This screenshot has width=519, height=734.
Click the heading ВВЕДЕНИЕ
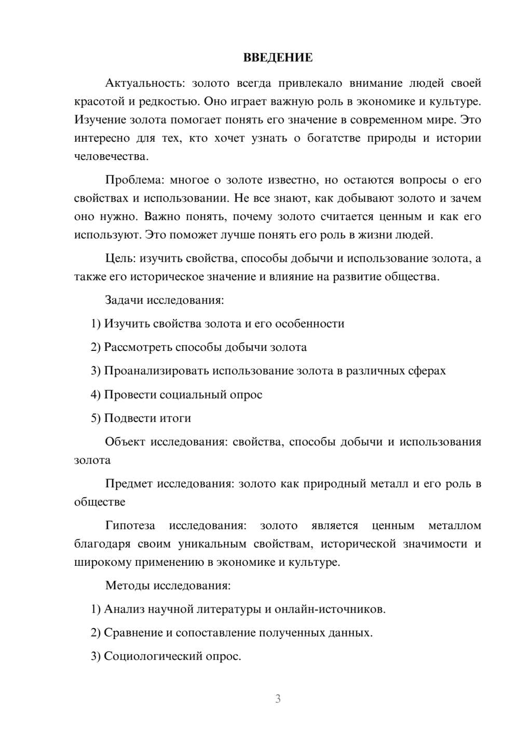click(x=278, y=58)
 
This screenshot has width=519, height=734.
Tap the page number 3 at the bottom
click(x=278, y=699)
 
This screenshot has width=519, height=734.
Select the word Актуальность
click(x=145, y=83)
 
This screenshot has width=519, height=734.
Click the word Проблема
click(x=134, y=180)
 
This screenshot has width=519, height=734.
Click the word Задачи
click(x=125, y=300)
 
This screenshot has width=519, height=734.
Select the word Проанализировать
click(x=156, y=371)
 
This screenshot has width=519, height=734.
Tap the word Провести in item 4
click(x=130, y=395)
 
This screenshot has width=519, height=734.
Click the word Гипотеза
click(x=130, y=525)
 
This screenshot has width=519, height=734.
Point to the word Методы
click(x=127, y=586)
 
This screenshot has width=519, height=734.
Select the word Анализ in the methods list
click(x=124, y=609)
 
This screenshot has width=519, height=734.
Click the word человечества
click(x=111, y=156)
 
